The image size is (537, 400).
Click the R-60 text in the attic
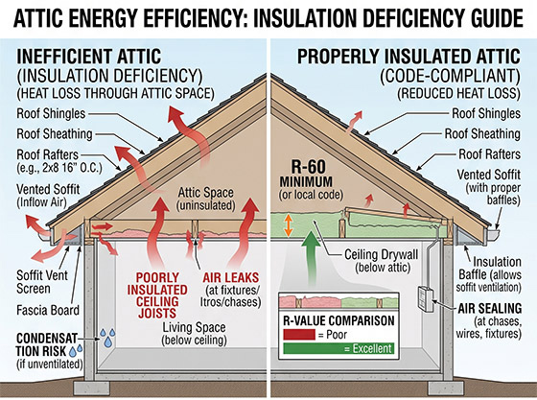(x=309, y=167)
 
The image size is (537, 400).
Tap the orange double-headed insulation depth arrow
(x=289, y=225)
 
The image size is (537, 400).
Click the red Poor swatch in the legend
(x=299, y=335)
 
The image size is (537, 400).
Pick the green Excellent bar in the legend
(x=339, y=348)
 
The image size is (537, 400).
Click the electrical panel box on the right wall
(x=426, y=299)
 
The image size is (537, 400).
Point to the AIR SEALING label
(x=490, y=309)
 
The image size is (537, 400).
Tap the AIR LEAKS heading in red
(x=231, y=277)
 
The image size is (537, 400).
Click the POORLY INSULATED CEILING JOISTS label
(x=157, y=295)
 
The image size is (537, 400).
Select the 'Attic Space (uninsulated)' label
(x=206, y=199)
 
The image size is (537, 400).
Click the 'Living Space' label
(x=194, y=327)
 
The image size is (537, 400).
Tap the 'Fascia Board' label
(x=48, y=310)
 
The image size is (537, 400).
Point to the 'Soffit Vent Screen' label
(x=42, y=282)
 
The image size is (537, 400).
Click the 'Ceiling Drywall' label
(x=382, y=255)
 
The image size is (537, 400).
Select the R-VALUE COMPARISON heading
(x=339, y=321)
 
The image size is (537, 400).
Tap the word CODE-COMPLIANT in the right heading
(x=451, y=77)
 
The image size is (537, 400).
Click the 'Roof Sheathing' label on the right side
(x=482, y=134)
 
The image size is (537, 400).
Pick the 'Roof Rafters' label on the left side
(x=48, y=154)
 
